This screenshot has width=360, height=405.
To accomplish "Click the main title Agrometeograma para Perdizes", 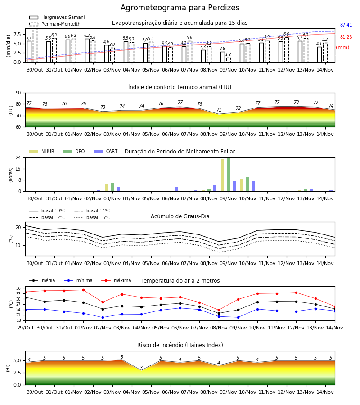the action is [180, 8].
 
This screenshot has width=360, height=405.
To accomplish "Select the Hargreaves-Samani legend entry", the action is [57, 17].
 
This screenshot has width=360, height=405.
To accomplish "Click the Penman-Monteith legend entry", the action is [55, 24].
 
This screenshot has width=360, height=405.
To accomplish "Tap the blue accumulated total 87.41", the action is [346, 25].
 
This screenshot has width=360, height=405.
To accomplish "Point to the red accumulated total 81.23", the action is [346, 37].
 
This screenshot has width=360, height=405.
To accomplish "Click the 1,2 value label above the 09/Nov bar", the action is [228, 54].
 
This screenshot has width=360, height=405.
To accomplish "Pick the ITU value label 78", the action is [296, 102].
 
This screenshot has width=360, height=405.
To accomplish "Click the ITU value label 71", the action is [219, 110].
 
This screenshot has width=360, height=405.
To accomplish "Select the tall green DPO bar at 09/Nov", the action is [228, 175].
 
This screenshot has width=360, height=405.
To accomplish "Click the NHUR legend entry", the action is [42, 151].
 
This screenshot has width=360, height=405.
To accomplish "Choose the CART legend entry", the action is [106, 151].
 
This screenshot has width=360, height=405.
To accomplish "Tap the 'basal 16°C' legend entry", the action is [92, 217].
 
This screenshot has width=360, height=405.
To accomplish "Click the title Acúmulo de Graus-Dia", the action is [180, 216].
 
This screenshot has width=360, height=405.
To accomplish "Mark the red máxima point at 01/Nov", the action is [83, 290].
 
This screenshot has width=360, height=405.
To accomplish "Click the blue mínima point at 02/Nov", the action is [103, 317].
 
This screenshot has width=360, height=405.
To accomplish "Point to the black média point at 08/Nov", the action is [219, 313].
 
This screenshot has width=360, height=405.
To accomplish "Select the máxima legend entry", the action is [116, 280].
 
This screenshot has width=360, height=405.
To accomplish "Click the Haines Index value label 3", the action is [141, 368].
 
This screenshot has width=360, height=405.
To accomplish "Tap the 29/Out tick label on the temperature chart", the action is [25, 328].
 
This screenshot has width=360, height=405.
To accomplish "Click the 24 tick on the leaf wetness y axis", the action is [18, 158].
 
